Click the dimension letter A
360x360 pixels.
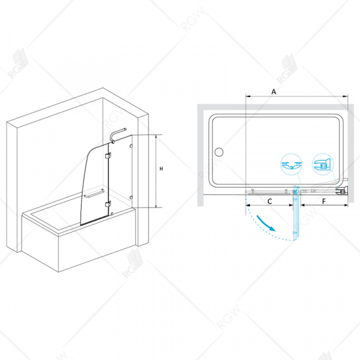(274, 92)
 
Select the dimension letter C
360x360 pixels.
(270, 202)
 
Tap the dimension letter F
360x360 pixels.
(324, 202)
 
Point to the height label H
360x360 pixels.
(161, 169)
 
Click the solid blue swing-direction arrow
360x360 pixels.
(266, 223)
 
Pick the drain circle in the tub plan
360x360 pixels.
(219, 152)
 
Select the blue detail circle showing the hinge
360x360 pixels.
(291, 164)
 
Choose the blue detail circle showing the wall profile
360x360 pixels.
(323, 164)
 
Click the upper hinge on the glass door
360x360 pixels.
(108, 155)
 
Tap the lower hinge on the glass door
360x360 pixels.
(108, 203)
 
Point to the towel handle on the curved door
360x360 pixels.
(94, 194)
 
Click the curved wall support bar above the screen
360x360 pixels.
(118, 135)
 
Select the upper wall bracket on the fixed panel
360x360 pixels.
(131, 146)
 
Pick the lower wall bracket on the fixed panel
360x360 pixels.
(131, 197)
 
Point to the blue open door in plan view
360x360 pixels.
(296, 213)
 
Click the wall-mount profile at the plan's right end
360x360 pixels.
(342, 191)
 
